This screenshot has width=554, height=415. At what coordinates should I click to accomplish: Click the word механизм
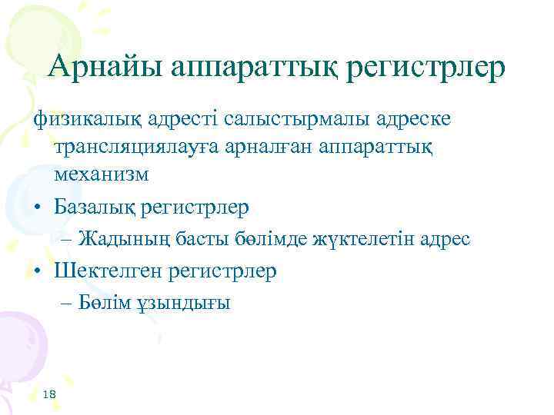point(101,174)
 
